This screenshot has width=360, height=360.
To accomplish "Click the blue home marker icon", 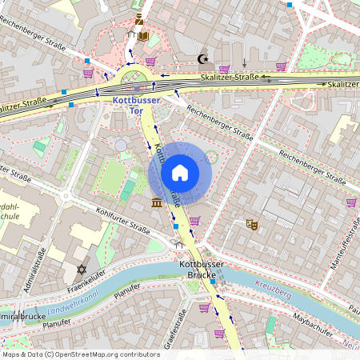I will (x=180, y=173).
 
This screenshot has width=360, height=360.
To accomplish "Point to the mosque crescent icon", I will (x=202, y=58).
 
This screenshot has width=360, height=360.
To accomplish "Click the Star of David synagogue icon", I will (x=81, y=270).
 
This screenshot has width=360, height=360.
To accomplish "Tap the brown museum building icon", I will (x=155, y=206).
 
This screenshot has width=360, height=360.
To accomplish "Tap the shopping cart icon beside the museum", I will (x=194, y=220).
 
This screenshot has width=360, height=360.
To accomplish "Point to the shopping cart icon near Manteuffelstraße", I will (x=351, y=202).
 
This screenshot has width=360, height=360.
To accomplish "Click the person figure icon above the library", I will (x=139, y=19).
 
